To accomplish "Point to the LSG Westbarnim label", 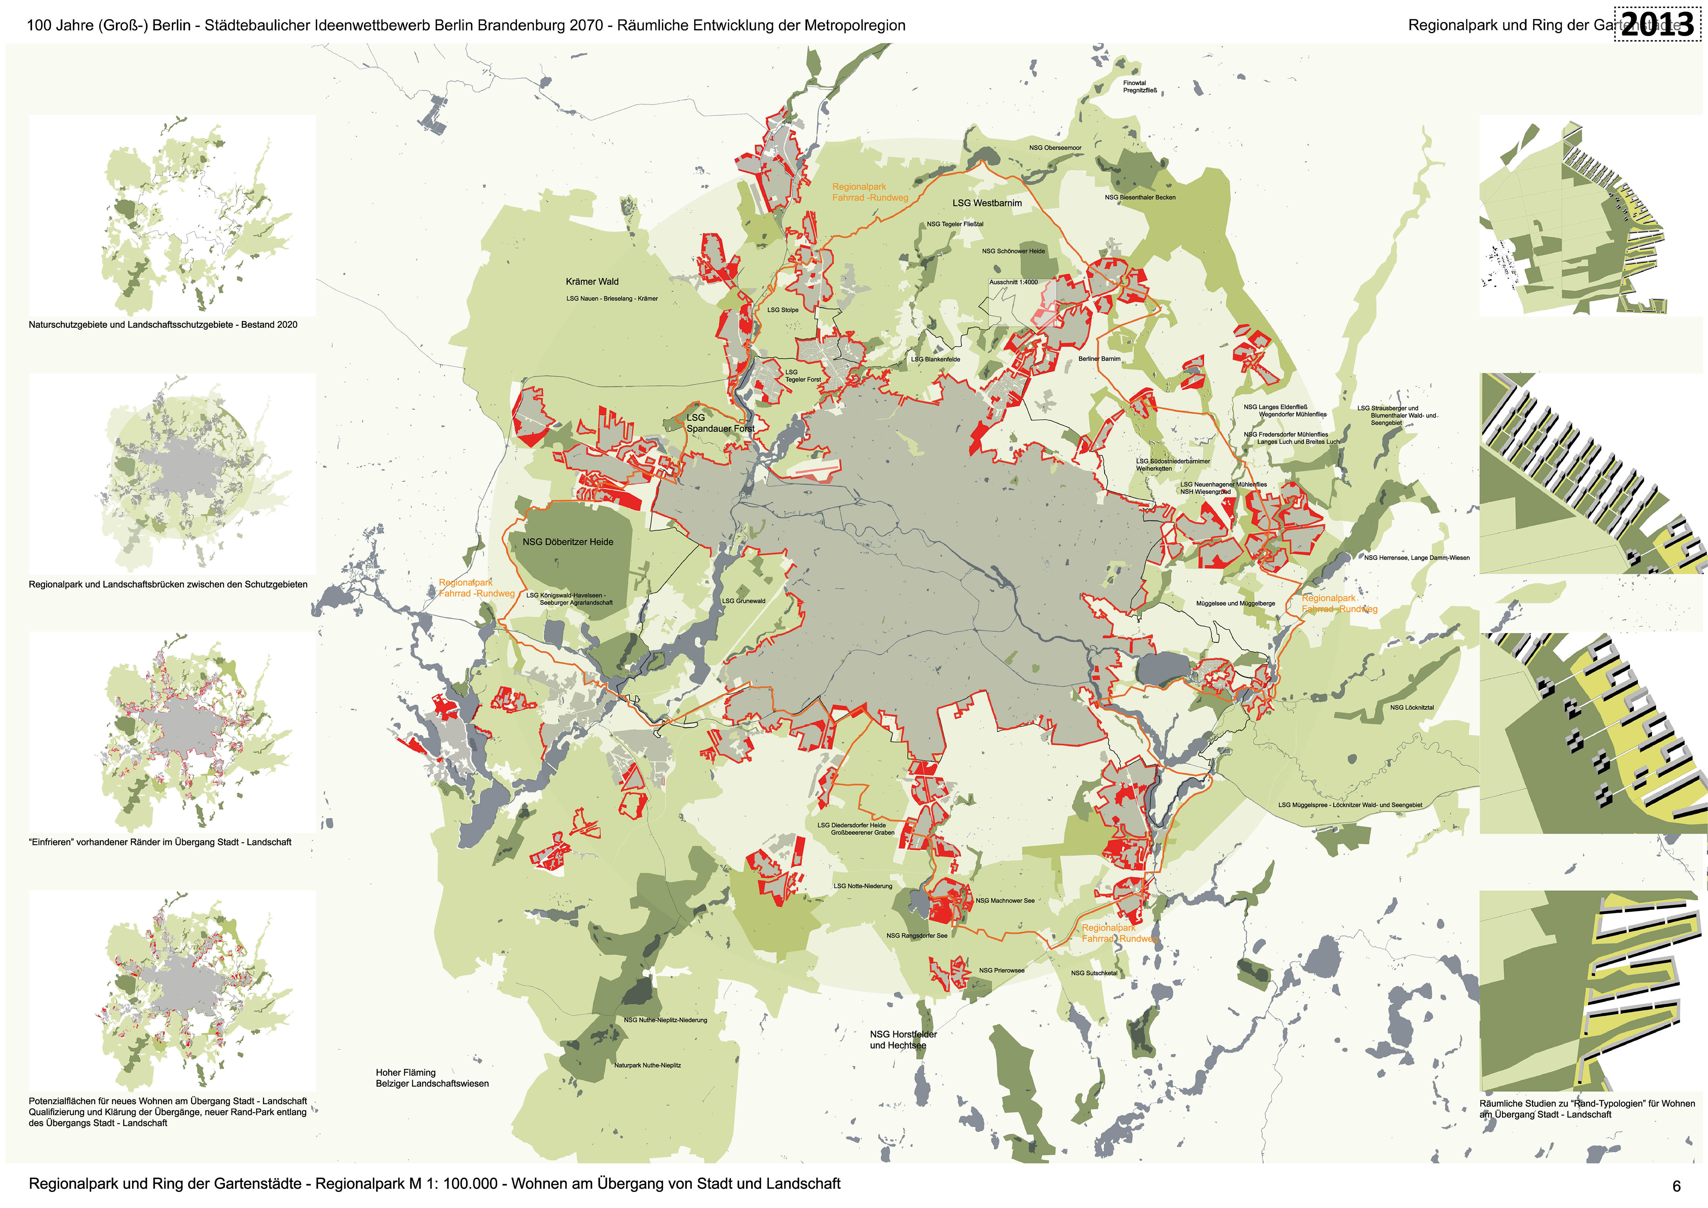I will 987,203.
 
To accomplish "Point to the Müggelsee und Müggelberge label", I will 1235,603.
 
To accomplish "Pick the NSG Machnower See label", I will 1005,901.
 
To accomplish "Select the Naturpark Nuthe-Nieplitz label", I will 647,1065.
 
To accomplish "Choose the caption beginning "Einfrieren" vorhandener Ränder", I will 160,842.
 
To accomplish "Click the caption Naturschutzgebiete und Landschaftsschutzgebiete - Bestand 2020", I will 163,325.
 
